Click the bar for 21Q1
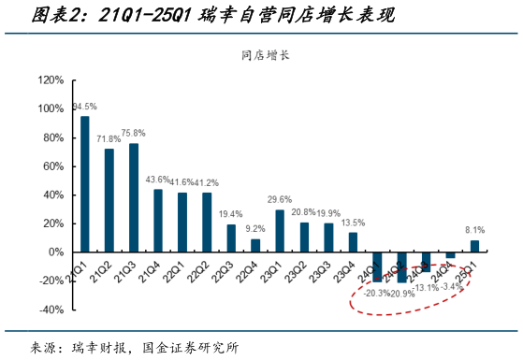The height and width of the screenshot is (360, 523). (85, 184)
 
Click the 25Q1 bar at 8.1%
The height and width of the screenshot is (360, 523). (474, 246)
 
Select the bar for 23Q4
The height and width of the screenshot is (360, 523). (353, 242)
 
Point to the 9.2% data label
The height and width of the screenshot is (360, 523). (255, 228)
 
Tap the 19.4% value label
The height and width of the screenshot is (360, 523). (231, 214)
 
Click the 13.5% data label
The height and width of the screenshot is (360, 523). (353, 223)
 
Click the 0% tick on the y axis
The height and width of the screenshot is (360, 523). (56, 252)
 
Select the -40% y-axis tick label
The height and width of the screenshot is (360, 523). (51, 310)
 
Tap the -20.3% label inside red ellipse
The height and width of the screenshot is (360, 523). (376, 292)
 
